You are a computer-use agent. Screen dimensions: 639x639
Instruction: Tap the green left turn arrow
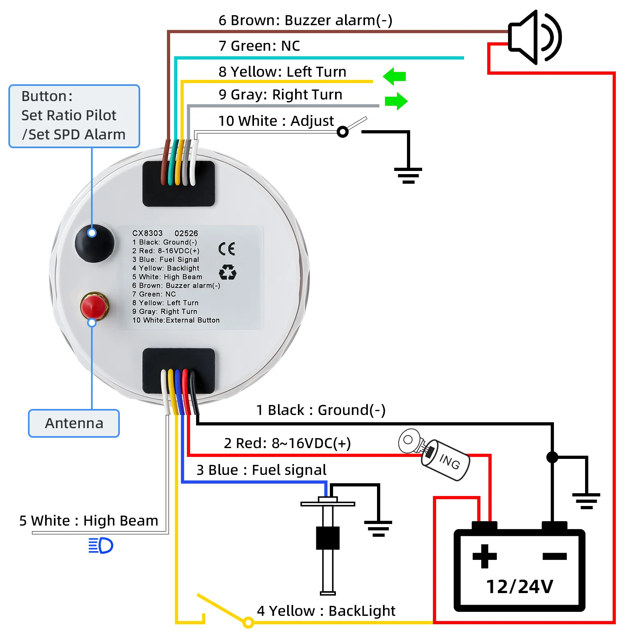click(394, 76)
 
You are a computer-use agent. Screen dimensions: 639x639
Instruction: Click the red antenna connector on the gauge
click(94, 306)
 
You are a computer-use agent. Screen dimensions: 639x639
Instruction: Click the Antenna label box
click(74, 423)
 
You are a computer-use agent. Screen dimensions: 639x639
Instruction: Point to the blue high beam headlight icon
click(101, 546)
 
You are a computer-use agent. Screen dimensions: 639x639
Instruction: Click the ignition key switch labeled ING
click(435, 454)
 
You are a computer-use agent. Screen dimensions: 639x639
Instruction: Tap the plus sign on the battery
click(484, 556)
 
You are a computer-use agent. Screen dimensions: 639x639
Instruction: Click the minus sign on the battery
click(555, 556)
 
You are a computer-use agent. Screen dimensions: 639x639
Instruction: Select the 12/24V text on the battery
click(520, 587)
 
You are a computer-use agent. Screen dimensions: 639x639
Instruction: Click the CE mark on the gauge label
click(226, 249)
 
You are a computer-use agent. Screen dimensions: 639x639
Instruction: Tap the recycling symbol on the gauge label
click(228, 272)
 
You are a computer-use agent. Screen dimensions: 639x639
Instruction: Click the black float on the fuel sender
click(327, 538)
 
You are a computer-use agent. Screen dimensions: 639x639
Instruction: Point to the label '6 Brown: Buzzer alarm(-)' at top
click(306, 20)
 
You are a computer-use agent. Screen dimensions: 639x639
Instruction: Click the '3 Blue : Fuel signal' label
click(261, 470)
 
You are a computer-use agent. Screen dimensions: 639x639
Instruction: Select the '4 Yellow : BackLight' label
click(326, 611)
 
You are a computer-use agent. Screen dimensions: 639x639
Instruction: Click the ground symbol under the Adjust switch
click(408, 175)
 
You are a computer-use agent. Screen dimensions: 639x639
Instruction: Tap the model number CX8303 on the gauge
click(147, 233)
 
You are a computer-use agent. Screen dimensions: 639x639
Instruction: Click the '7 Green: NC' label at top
click(259, 46)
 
